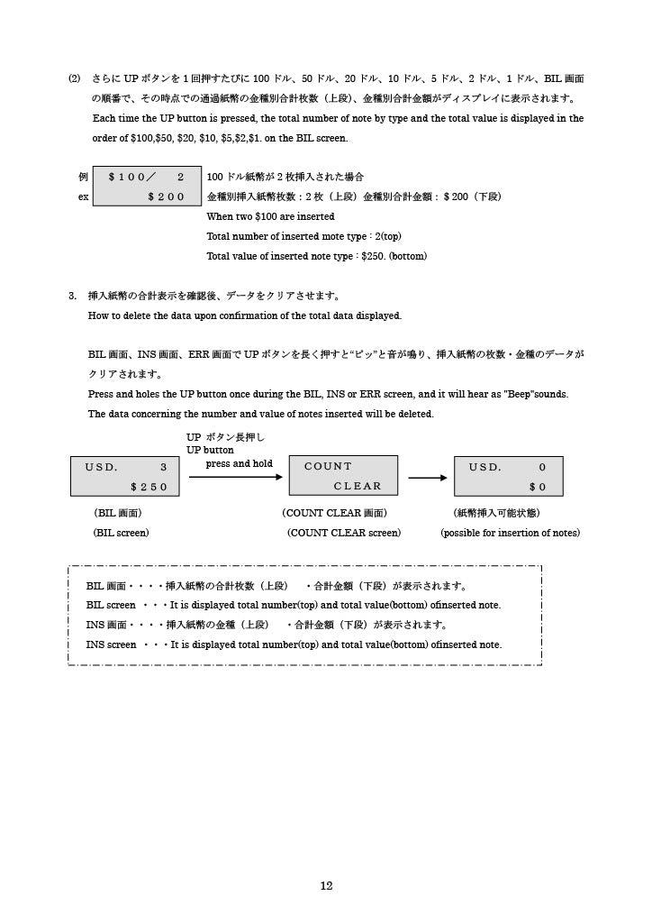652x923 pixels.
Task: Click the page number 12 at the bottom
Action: point(326,886)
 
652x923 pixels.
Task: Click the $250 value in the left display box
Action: point(149,487)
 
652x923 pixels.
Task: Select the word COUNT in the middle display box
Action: point(328,466)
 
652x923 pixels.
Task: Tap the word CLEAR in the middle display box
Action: point(358,487)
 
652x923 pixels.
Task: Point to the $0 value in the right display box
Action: point(538,487)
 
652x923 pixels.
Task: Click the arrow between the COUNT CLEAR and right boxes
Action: point(428,478)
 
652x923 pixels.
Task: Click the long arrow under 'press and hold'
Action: point(235,477)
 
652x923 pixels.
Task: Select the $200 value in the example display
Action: point(166,196)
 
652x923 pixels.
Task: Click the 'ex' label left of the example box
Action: point(82,196)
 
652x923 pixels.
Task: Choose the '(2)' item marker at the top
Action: point(76,78)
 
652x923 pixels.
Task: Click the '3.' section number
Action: point(73,296)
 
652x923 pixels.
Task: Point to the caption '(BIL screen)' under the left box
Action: point(121,533)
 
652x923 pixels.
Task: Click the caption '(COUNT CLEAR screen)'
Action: point(343,533)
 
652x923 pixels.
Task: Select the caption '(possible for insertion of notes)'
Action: point(510,533)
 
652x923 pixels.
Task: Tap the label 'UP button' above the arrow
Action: point(210,450)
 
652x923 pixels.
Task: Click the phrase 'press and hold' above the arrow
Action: point(239,463)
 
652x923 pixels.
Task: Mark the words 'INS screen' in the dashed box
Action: point(111,644)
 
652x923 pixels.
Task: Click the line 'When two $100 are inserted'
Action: point(270,216)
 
